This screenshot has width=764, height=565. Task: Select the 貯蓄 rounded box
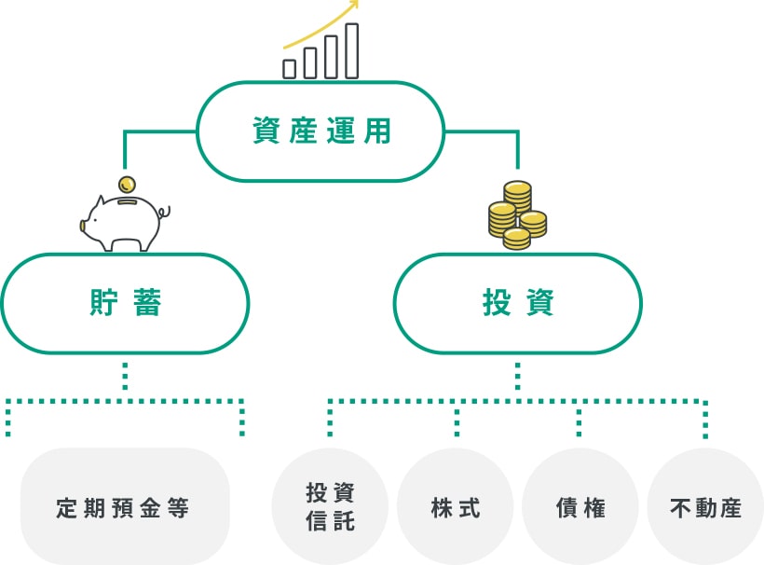pyautogui.click(x=126, y=304)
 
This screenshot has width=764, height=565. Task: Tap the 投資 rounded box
pyautogui.click(x=518, y=304)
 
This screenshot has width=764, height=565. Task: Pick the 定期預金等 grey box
pyautogui.click(x=125, y=508)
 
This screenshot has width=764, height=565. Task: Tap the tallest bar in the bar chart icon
pyautogui.click(x=351, y=51)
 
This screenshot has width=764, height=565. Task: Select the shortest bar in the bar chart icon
pyautogui.click(x=290, y=68)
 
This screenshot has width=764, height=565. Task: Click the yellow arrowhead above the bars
pyautogui.click(x=353, y=6)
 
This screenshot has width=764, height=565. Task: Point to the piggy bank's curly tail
pyautogui.click(x=164, y=214)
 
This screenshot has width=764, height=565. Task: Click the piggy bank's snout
pyautogui.click(x=87, y=225)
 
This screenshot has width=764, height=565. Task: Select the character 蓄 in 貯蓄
pyautogui.click(x=147, y=304)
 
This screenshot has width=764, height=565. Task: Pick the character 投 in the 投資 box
pyautogui.click(x=497, y=304)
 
